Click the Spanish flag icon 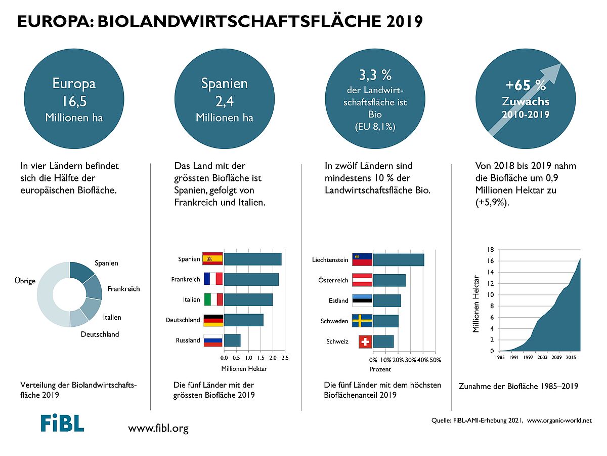(212, 259)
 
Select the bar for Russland (232, 340)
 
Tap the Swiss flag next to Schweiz (365, 342)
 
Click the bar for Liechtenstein (399, 260)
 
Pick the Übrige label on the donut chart (25, 281)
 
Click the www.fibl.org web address (158, 429)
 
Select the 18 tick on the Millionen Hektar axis (490, 250)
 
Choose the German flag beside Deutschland (212, 320)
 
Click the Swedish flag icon (362, 321)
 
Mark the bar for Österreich (389, 280)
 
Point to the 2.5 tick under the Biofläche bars (285, 358)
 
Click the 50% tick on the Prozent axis (436, 360)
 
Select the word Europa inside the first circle (74, 83)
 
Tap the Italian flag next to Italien (212, 300)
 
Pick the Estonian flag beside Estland (362, 300)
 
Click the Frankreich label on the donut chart (123, 289)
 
